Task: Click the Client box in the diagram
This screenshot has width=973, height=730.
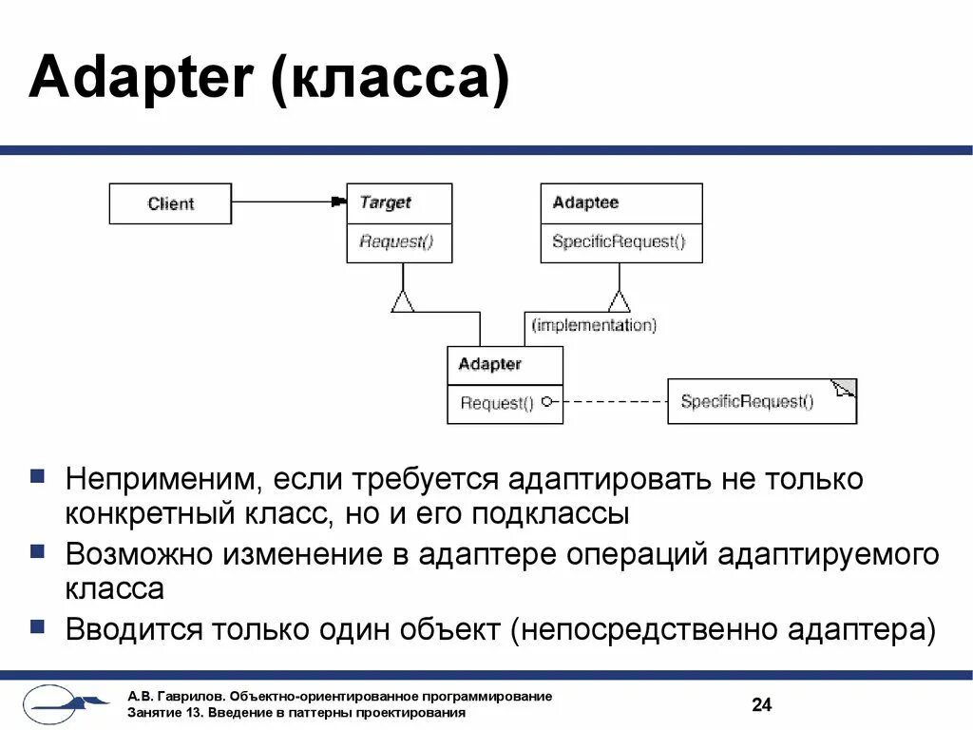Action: (x=170, y=203)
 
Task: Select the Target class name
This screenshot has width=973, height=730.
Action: (x=385, y=202)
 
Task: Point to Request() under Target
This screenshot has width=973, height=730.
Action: (x=396, y=241)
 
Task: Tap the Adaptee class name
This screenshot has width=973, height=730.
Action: (x=585, y=202)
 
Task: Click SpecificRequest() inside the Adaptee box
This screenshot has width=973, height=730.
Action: (x=618, y=241)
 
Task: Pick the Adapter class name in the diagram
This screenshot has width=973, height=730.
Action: (x=489, y=364)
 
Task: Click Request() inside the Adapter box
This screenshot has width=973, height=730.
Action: (x=497, y=403)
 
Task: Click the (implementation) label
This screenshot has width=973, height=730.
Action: (x=594, y=325)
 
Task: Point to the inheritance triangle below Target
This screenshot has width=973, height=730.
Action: (x=403, y=301)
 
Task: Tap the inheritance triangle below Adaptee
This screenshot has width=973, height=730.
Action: (x=619, y=301)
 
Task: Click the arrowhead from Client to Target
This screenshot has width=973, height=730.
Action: (x=337, y=202)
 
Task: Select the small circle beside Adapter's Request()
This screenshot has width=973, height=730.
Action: (x=547, y=402)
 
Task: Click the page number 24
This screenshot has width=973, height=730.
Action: (x=761, y=704)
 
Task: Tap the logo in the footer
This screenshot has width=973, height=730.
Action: (x=63, y=703)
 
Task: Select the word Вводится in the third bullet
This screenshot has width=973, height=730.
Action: (x=134, y=628)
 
